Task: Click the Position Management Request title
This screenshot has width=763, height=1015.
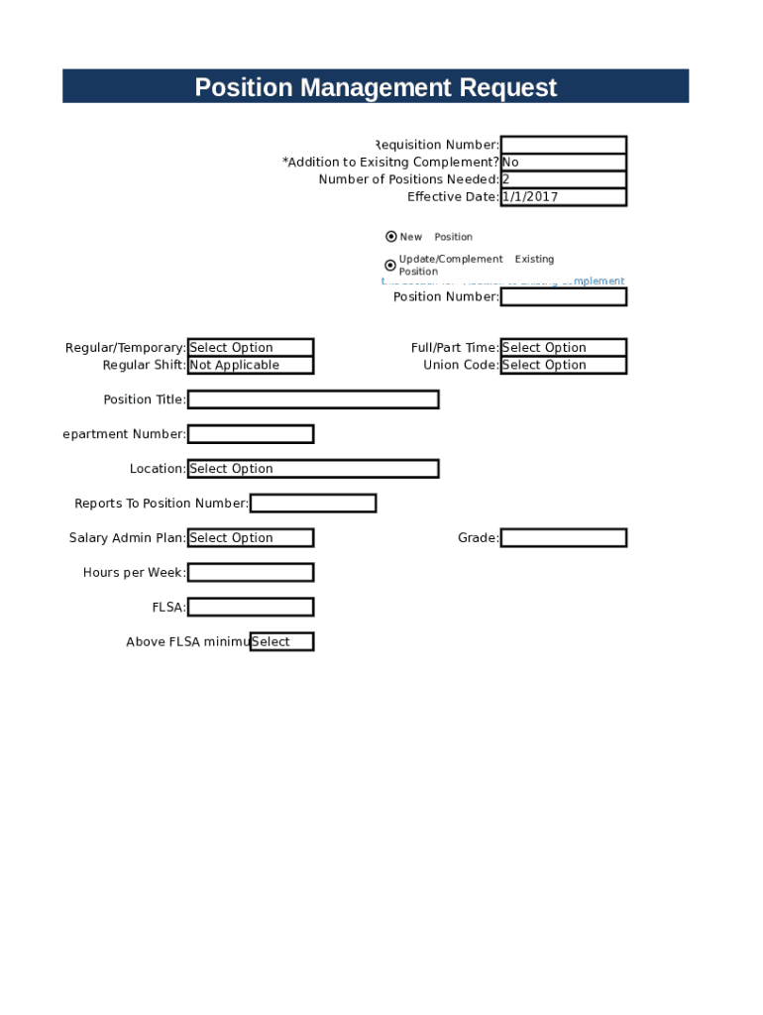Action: pyautogui.click(x=376, y=87)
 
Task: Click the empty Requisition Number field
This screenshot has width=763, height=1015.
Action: pyautogui.click(x=563, y=145)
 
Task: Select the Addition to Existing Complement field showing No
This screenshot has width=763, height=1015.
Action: pyautogui.click(x=563, y=163)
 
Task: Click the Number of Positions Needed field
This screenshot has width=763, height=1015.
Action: pyautogui.click(x=563, y=179)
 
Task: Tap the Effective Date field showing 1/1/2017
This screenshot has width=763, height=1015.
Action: pyautogui.click(x=563, y=197)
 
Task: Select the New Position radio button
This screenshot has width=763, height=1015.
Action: pyautogui.click(x=391, y=237)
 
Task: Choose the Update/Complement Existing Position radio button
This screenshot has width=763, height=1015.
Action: pyautogui.click(x=390, y=266)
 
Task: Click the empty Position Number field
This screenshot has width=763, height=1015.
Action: pyautogui.click(x=563, y=296)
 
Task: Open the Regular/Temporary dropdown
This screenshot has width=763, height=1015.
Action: pyautogui.click(x=251, y=348)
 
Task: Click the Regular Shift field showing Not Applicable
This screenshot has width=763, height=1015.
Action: pyautogui.click(x=251, y=365)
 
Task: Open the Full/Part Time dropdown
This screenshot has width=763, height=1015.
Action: pyautogui.click(x=563, y=348)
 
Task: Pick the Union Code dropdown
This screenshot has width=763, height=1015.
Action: pyautogui.click(x=563, y=365)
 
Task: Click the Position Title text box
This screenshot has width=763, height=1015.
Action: pyautogui.click(x=313, y=399)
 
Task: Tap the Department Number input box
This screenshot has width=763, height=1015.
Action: pyautogui.click(x=251, y=434)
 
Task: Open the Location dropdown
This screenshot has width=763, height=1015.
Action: pyautogui.click(x=313, y=469)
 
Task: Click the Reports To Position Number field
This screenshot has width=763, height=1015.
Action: pyautogui.click(x=313, y=504)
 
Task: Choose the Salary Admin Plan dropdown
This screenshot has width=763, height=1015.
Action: pyautogui.click(x=251, y=538)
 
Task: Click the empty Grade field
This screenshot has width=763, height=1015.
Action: pyautogui.click(x=563, y=538)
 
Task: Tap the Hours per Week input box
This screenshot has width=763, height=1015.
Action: pyautogui.click(x=251, y=573)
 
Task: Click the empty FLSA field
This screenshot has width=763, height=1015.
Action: pyautogui.click(x=251, y=608)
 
